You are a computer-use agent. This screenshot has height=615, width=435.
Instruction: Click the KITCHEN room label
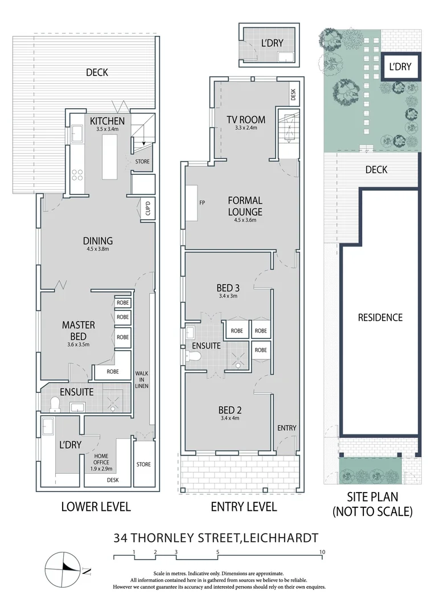(107, 121)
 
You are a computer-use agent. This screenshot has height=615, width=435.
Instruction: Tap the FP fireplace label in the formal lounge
(201, 202)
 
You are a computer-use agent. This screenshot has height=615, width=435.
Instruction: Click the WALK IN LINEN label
(142, 383)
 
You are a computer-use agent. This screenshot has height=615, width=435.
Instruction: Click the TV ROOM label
(246, 120)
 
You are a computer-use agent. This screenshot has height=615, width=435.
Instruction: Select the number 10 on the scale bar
(322, 552)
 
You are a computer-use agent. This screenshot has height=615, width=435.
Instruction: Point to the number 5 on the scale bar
(218, 552)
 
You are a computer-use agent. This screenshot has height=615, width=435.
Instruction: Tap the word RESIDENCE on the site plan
(380, 317)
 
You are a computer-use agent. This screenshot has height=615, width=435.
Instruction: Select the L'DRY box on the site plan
(400, 67)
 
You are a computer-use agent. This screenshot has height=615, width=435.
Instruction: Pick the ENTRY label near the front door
(286, 428)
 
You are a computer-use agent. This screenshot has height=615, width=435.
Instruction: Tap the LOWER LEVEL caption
(96, 506)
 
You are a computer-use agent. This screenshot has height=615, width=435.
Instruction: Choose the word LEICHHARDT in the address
(280, 537)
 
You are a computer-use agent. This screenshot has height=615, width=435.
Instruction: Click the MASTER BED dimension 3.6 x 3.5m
(78, 345)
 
